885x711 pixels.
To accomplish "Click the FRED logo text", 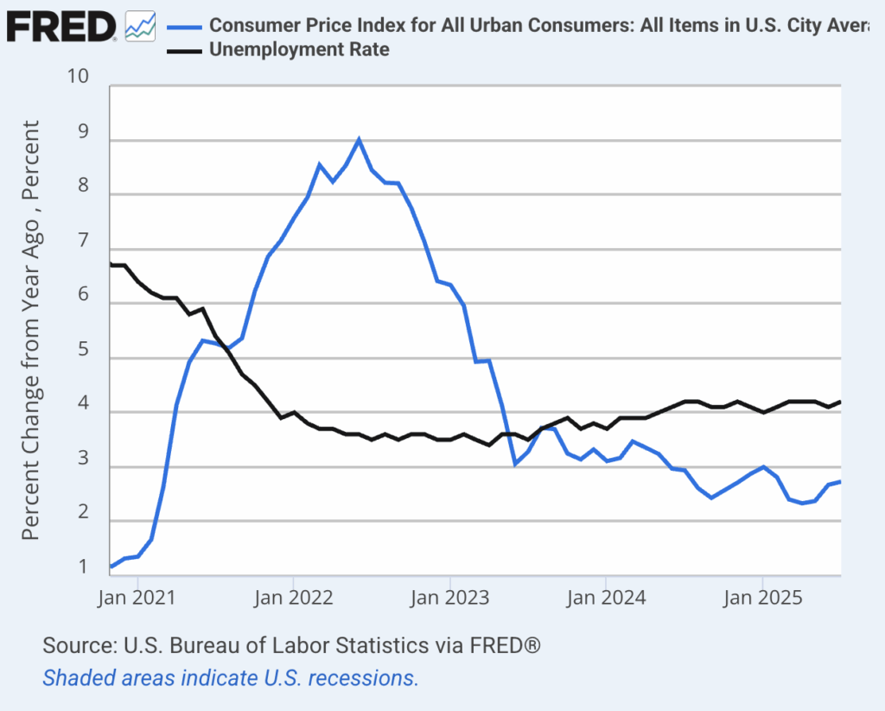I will [60, 27].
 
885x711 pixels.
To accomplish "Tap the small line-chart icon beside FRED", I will [140, 26].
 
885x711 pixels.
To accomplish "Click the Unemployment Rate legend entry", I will [299, 49].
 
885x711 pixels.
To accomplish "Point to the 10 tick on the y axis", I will [79, 76].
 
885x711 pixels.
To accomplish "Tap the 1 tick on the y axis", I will [84, 568].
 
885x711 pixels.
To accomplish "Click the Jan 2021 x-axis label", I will [138, 597].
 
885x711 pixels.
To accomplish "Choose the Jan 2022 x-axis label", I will [294, 597].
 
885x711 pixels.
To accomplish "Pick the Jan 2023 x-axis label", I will [450, 597].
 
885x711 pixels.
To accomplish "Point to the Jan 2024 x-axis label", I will [606, 597].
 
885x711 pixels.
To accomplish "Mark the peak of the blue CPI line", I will [359, 139].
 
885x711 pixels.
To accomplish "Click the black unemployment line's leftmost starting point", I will [111, 264].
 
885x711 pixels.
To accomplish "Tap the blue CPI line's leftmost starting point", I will [111, 567].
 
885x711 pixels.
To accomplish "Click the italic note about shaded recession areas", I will [231, 677].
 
